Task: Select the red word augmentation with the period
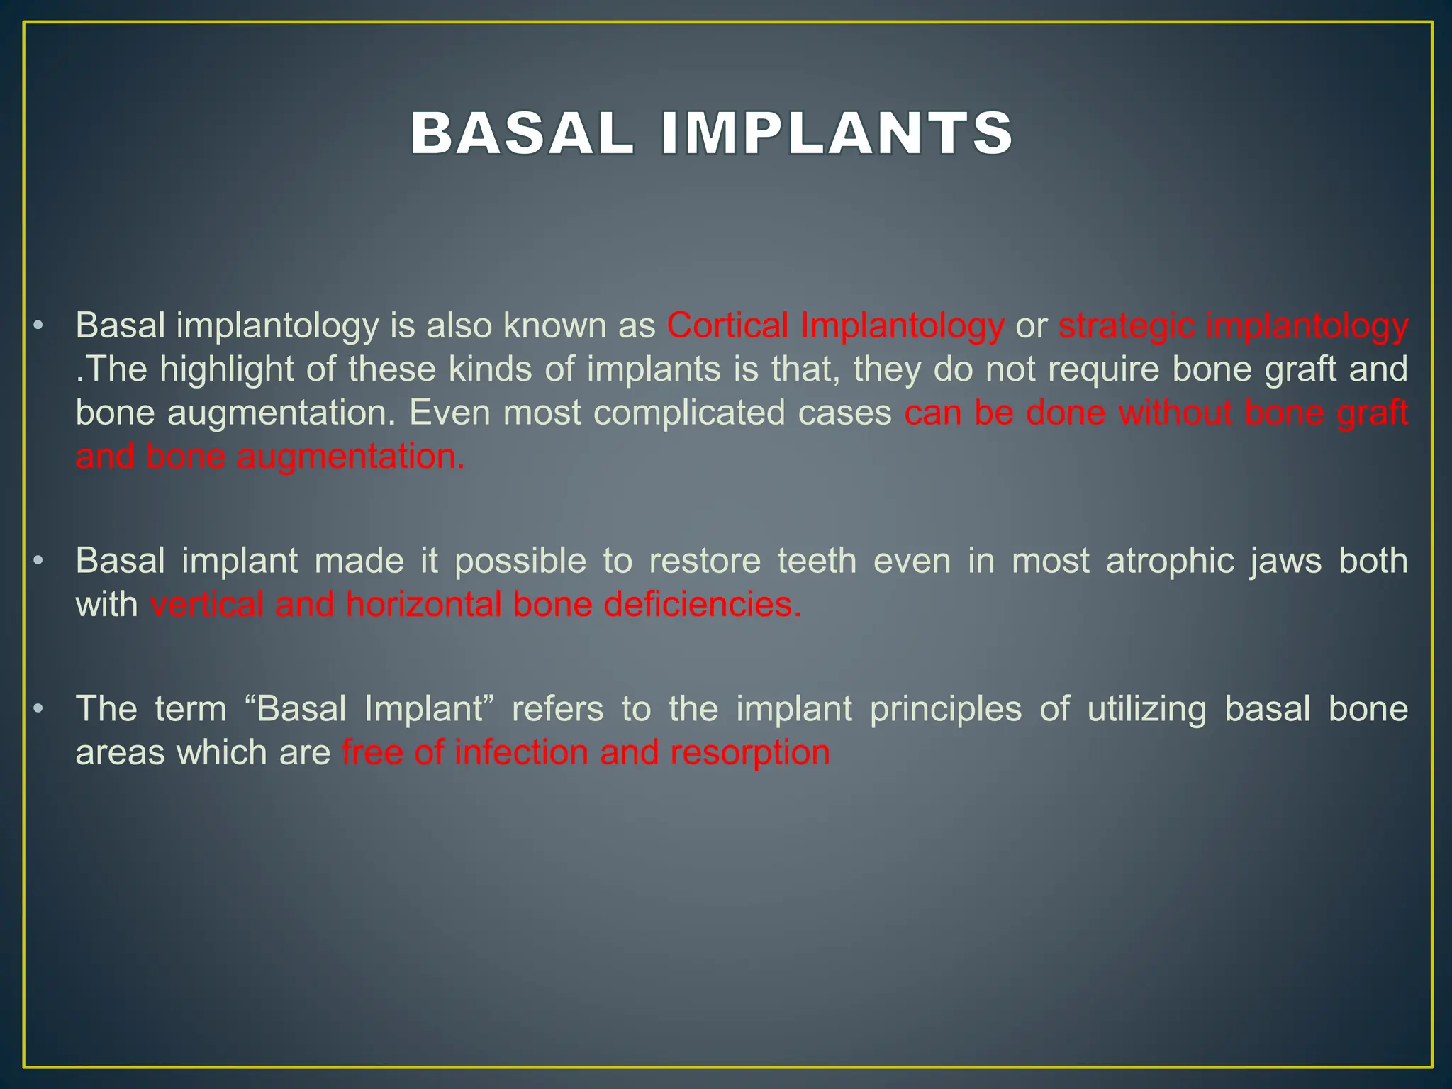[350, 457]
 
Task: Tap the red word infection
[521, 752]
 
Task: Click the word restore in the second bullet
[704, 561]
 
